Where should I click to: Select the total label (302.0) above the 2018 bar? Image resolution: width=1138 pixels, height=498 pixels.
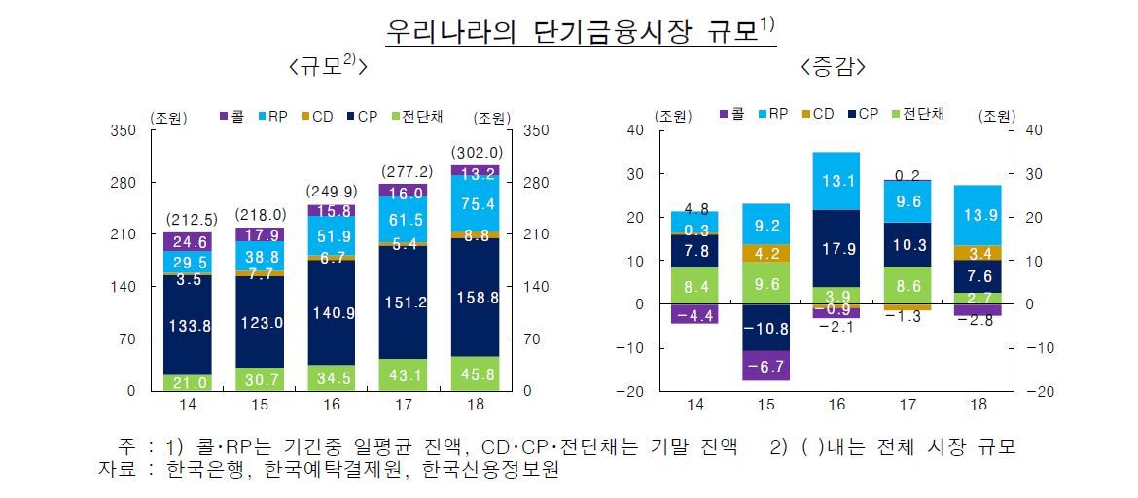pos(477,153)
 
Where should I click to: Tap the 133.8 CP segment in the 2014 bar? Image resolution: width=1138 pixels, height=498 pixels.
pos(188,326)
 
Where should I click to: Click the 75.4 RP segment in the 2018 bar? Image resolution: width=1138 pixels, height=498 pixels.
pos(477,203)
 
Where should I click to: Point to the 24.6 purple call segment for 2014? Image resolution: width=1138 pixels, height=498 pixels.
pos(188,241)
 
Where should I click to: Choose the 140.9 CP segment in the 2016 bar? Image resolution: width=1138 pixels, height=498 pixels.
pos(332,313)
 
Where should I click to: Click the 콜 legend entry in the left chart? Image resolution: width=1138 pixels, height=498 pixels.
pos(232,116)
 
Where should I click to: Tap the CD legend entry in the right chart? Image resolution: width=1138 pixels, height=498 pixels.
pos(816,114)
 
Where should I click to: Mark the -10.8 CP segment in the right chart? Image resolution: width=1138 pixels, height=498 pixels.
pos(765,328)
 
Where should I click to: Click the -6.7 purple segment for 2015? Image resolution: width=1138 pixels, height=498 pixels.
pos(765,366)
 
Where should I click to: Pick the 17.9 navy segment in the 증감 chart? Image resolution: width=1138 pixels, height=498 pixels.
pos(836,248)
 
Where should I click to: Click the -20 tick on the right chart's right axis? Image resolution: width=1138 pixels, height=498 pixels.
pos(1034,392)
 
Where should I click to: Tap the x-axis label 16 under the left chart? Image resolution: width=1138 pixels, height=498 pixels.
pos(331,405)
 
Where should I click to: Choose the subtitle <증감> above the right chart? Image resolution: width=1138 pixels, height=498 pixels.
pos(835,67)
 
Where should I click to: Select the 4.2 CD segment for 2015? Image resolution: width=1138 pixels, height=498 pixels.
pos(765,253)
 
